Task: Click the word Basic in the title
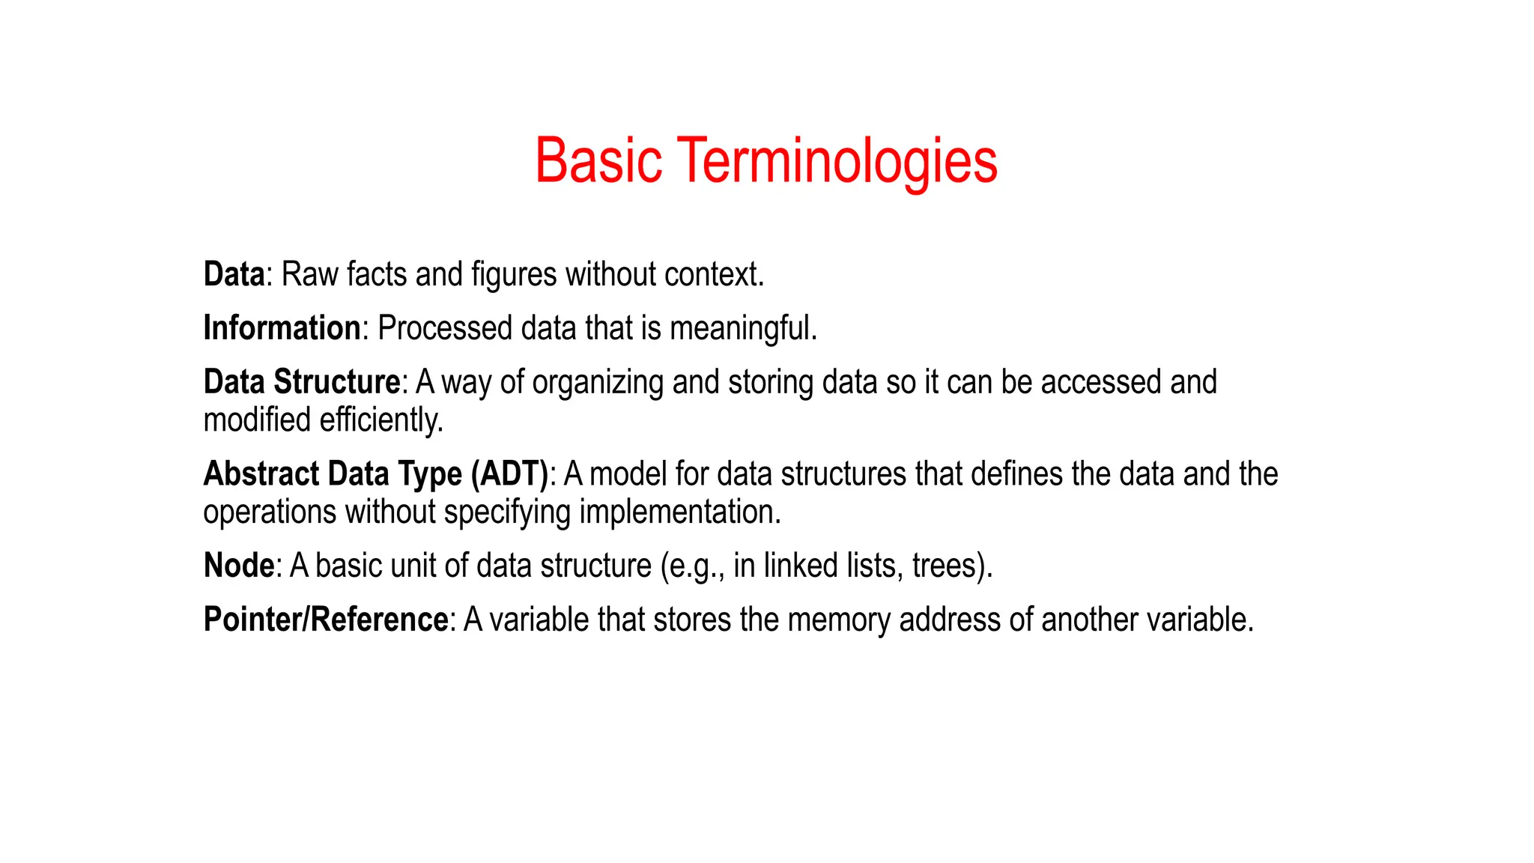598,160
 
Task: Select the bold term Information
282,328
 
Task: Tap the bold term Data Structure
302,382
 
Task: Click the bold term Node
239,566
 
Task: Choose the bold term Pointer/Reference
326,620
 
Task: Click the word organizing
598,382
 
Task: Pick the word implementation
680,512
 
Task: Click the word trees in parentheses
946,566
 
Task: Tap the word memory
839,620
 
